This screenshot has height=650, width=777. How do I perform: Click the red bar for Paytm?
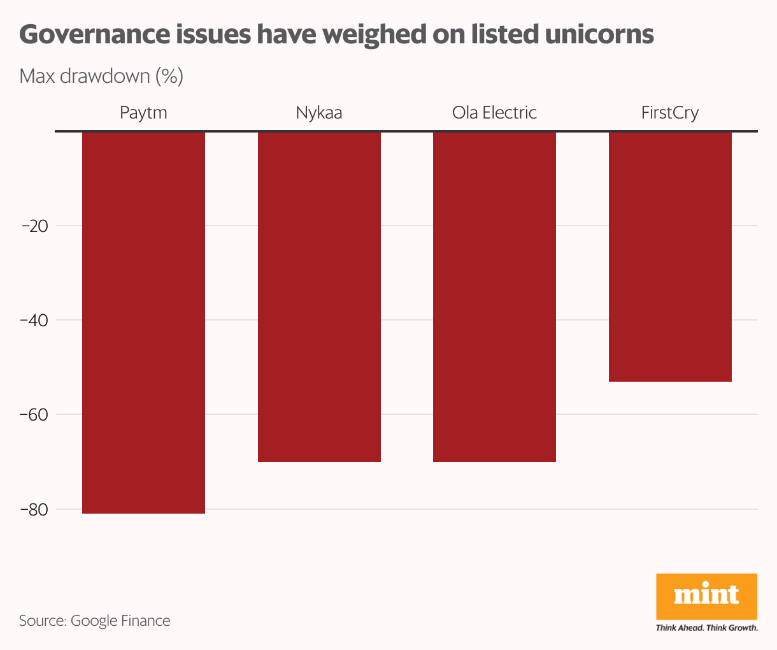click(143, 322)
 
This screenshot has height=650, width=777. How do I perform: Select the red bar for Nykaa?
click(319, 296)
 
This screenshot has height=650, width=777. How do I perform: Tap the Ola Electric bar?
click(494, 296)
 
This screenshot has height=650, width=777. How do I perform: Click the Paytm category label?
click(143, 113)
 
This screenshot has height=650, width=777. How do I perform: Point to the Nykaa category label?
click(319, 113)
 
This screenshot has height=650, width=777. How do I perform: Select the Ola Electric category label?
click(494, 113)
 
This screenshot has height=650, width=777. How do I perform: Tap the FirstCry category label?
click(670, 113)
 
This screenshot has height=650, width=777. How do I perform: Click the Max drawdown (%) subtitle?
click(101, 76)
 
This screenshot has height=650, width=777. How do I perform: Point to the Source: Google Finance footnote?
click(94, 621)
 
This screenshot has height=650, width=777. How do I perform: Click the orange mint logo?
click(706, 596)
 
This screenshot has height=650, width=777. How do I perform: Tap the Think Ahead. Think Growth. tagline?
click(706, 628)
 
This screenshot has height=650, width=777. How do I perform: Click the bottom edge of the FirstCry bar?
click(670, 381)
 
